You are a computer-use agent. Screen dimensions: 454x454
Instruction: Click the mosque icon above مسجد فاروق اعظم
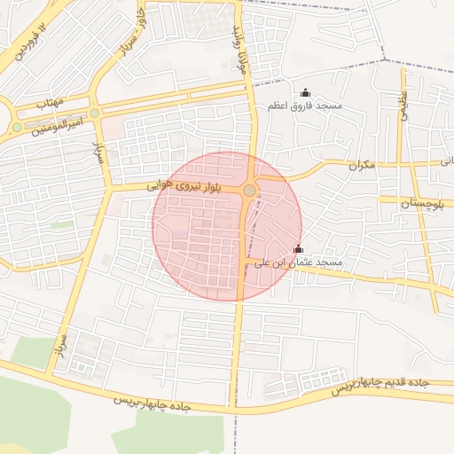(x=306, y=92)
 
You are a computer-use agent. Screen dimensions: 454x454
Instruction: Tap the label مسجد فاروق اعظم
(x=305, y=106)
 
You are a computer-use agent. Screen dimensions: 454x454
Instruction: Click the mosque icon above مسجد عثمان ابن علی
(x=297, y=250)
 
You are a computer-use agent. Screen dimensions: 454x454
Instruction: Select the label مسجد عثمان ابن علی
(x=298, y=263)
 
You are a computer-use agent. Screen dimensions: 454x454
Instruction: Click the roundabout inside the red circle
(x=250, y=191)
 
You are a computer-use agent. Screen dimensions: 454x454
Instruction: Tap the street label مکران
(x=363, y=165)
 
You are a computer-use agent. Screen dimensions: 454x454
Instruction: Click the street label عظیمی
(x=403, y=106)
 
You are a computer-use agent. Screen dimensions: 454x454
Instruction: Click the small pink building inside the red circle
(x=180, y=235)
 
